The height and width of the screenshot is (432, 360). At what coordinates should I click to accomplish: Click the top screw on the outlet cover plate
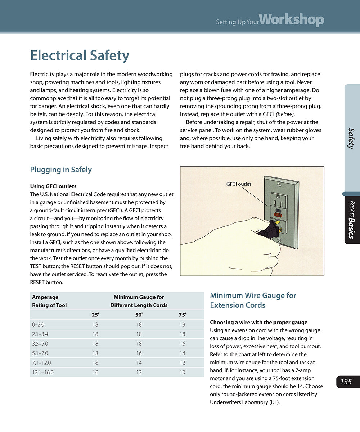(x=279, y=184)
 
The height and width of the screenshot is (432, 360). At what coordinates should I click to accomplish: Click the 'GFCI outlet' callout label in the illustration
(x=239, y=184)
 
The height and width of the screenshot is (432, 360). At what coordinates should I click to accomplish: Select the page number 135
(x=346, y=382)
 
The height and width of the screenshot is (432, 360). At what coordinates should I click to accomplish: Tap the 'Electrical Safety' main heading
(x=80, y=56)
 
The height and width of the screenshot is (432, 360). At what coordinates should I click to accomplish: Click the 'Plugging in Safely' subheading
(x=61, y=170)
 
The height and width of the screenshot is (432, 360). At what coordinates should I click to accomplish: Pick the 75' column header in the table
(x=182, y=315)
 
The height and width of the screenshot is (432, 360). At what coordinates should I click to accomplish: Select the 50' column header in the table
(x=139, y=315)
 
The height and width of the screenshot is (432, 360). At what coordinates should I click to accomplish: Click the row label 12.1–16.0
(x=43, y=372)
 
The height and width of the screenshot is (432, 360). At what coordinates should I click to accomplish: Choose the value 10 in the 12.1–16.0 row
(x=182, y=372)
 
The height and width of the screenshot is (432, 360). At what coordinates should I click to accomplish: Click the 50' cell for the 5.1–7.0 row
(x=139, y=353)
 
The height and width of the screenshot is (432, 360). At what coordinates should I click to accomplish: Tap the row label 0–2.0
(x=38, y=324)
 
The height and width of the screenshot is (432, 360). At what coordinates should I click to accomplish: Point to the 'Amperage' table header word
(x=45, y=297)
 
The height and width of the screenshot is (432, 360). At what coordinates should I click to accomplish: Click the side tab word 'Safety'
(x=351, y=139)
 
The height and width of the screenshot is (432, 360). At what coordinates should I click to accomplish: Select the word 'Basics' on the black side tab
(x=351, y=228)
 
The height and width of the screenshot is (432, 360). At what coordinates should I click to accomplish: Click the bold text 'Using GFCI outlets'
(x=53, y=186)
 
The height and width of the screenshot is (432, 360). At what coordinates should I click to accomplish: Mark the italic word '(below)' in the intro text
(x=284, y=114)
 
